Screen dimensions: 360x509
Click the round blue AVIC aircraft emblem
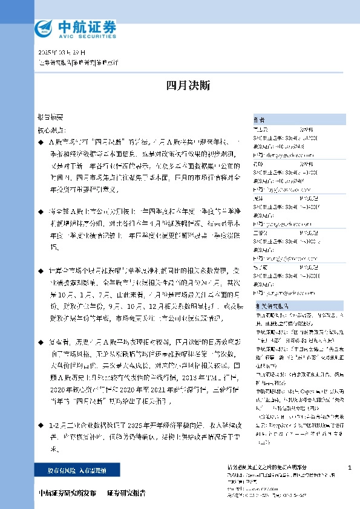coord(45,28)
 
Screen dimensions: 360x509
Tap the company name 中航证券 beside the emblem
coord(87,25)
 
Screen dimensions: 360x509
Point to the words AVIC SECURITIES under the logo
coord(87,36)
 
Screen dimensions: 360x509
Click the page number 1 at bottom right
coord(350,467)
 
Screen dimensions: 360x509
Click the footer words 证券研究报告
coord(126,493)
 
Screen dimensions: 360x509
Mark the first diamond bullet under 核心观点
coord(41,141)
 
